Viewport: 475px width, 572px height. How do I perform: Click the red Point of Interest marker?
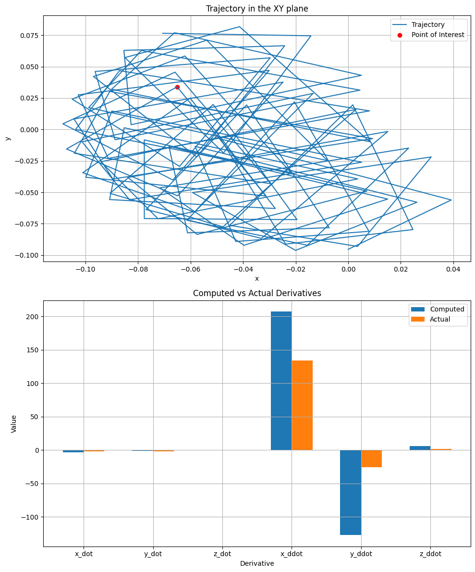pyautogui.click(x=177, y=87)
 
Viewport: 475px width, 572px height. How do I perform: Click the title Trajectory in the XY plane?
pyautogui.click(x=257, y=8)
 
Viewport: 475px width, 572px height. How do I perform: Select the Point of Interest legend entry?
pyautogui.click(x=438, y=35)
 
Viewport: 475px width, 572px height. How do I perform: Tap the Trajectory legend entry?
pyautogui.click(x=428, y=25)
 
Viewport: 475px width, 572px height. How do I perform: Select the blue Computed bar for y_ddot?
pyautogui.click(x=351, y=492)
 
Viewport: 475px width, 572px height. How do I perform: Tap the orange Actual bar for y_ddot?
pyautogui.click(x=371, y=459)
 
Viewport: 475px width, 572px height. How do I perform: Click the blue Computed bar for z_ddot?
pyautogui.click(x=420, y=448)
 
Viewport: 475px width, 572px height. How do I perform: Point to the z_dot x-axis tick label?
pyautogui.click(x=222, y=554)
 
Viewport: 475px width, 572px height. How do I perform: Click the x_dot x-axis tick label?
pyautogui.click(x=84, y=554)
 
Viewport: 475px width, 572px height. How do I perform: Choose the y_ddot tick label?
pyautogui.click(x=361, y=554)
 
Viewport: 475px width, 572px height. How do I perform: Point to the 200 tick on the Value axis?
pyautogui.click(x=33, y=317)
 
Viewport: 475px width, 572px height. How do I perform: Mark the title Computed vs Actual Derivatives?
pyautogui.click(x=257, y=293)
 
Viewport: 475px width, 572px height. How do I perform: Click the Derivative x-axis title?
pyautogui.click(x=257, y=563)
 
